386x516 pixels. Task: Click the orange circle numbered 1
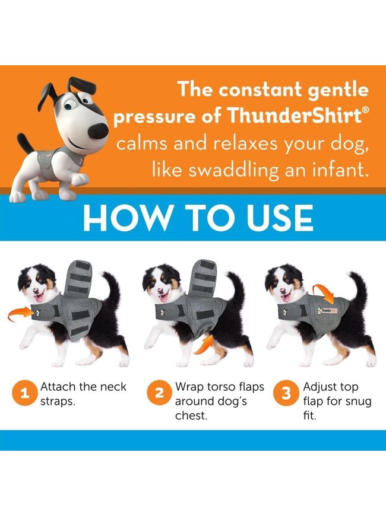(24, 393)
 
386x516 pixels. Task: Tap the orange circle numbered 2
(159, 393)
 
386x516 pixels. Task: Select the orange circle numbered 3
(286, 393)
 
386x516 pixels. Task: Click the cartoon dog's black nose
(99, 130)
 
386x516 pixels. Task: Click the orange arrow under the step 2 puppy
(204, 345)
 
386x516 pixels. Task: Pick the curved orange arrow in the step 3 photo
(323, 294)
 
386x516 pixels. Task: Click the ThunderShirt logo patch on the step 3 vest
(328, 310)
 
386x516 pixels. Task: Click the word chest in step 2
(191, 416)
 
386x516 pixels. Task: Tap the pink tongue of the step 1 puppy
(39, 298)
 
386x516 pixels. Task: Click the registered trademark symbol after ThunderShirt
(365, 110)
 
